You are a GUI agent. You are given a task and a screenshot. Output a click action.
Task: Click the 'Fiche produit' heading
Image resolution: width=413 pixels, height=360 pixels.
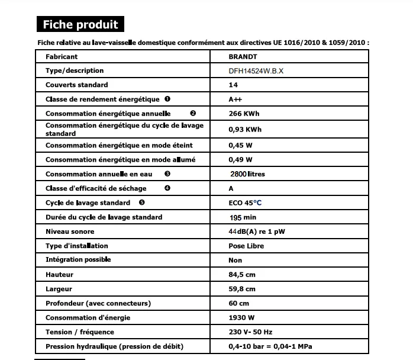80,24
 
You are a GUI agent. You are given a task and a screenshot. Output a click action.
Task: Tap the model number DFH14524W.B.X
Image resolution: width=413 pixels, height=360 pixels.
256,70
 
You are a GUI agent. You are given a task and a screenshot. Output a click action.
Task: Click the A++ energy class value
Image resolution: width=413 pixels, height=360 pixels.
235,99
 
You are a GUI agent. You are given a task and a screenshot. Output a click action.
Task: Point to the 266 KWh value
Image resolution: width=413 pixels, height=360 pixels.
244,114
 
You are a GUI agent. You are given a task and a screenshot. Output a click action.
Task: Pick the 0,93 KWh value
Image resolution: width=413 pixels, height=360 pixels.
245,129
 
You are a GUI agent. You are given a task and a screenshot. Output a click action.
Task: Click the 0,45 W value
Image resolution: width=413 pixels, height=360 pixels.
240,145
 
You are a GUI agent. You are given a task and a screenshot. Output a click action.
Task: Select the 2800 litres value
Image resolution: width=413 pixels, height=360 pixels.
247,174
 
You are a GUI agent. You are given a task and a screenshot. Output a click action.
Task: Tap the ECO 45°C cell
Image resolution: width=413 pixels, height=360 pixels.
245,202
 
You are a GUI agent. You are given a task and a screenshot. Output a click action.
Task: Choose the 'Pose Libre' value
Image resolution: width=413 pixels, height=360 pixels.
246,246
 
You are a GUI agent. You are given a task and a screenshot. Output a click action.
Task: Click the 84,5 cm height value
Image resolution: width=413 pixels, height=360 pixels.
242,275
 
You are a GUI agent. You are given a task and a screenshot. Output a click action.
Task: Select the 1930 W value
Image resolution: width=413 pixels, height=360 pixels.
241,318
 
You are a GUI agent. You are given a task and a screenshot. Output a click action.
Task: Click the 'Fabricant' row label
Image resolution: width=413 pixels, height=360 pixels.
62,57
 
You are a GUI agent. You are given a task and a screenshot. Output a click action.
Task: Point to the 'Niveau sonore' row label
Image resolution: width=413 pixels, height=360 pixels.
70,232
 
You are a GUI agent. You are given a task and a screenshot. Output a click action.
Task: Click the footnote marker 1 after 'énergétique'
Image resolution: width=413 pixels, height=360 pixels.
167,99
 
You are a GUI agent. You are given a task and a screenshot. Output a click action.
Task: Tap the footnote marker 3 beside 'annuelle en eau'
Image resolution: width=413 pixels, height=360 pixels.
167,174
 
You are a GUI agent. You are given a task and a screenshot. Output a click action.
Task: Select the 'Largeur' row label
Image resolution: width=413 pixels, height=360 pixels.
59,289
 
